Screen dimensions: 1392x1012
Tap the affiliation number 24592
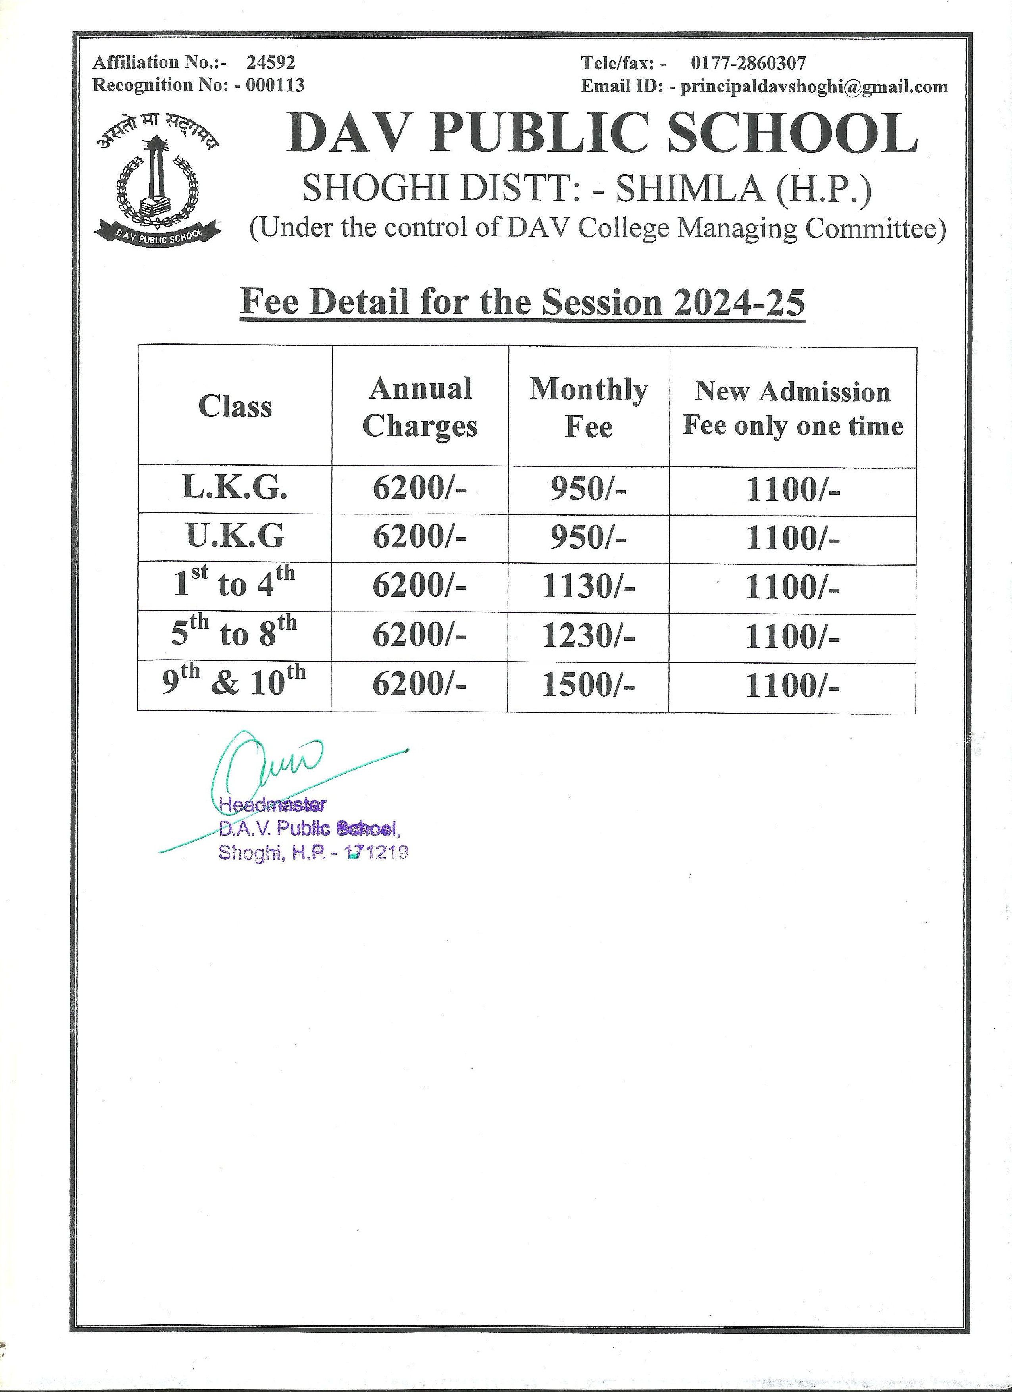click(x=271, y=62)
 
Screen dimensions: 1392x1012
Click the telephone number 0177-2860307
click(x=748, y=63)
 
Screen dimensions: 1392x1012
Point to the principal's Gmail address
click(x=814, y=87)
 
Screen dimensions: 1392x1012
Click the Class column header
click(x=235, y=406)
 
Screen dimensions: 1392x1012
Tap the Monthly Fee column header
click(x=589, y=408)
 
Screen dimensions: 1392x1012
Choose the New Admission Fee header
click(x=793, y=408)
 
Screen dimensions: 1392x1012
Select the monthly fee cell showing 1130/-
click(x=588, y=587)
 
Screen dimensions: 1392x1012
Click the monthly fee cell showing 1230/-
click(x=588, y=636)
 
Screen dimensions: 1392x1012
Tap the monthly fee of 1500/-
click(x=588, y=685)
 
